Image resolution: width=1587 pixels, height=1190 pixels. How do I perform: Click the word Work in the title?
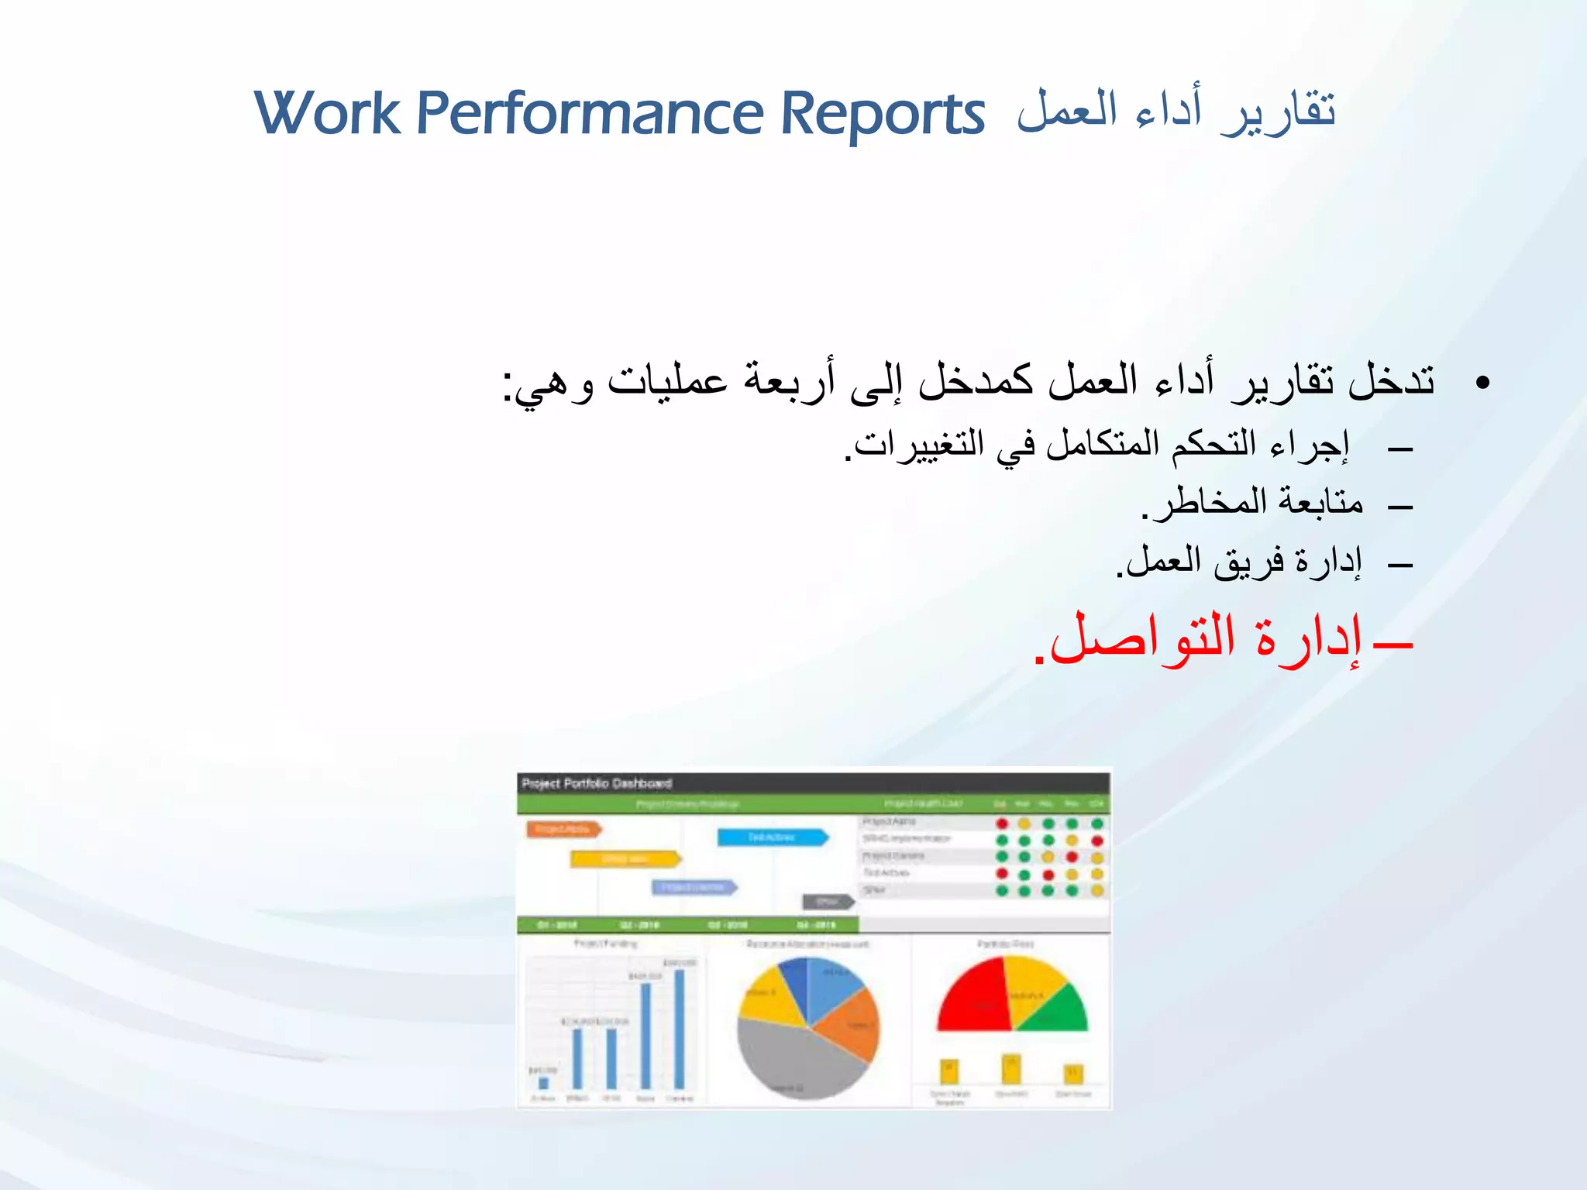point(327,114)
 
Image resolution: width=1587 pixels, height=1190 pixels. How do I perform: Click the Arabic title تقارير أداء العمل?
point(1176,111)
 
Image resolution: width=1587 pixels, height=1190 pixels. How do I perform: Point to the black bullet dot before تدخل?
point(1482,383)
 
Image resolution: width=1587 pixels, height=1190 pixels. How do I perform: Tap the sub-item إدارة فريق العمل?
point(1240,561)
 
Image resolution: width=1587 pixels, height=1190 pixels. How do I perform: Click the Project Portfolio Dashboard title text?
point(597,783)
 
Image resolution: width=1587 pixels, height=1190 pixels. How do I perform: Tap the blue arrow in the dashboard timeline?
point(772,837)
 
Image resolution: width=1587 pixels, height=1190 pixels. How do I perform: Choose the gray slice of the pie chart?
point(790,1061)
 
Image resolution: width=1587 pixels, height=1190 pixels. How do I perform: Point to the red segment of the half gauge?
point(973,999)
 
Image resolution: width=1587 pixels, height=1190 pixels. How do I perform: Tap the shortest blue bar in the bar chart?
point(543,1082)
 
